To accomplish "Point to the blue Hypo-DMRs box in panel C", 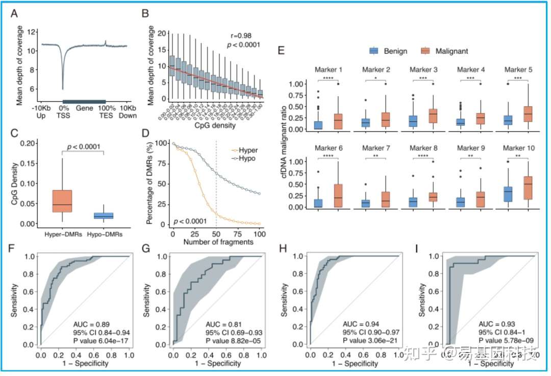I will [x=104, y=216].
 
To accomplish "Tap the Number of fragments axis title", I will [x=218, y=242].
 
